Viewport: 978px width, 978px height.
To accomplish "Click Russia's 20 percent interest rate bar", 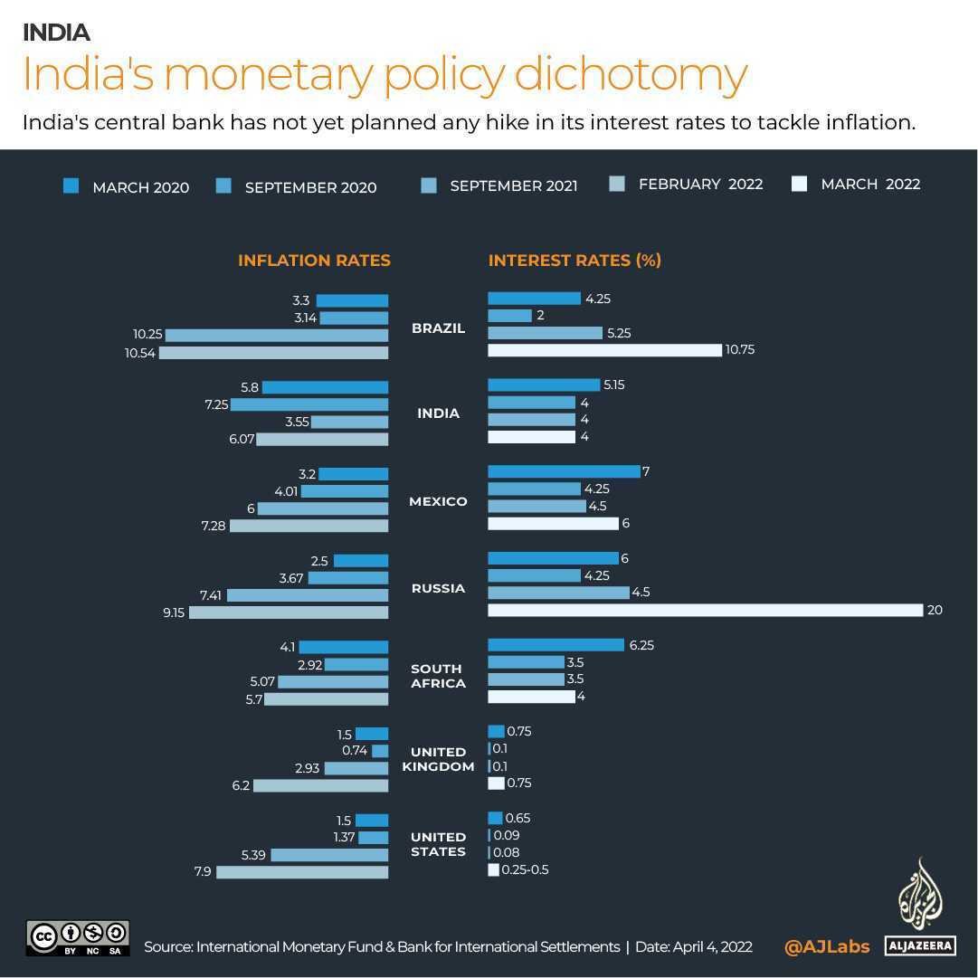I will coord(705,611).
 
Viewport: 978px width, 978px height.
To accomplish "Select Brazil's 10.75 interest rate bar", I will coord(604,350).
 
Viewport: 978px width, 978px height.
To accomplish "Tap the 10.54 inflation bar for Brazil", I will coord(273,353).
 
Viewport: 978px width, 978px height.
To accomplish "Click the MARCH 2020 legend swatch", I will coord(71,186).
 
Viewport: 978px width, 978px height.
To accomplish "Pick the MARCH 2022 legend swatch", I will coord(799,185).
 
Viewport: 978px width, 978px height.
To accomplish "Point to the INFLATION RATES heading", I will coord(314,261).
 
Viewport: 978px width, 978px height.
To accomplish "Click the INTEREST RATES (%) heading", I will coord(574,261).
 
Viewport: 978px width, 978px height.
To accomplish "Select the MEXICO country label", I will coord(438,501).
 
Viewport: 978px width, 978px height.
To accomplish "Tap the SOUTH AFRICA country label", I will coord(438,676).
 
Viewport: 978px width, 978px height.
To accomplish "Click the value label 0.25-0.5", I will coord(525,870).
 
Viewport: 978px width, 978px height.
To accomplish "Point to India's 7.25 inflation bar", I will coord(309,404).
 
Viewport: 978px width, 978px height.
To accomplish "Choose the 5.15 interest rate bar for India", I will coord(544,385).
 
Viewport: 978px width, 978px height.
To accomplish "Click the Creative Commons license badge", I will coord(78,938).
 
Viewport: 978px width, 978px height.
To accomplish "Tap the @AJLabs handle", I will coord(827,946).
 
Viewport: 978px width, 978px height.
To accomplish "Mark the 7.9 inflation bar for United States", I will coord(302,872).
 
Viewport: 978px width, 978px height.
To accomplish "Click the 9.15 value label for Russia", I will coord(174,612).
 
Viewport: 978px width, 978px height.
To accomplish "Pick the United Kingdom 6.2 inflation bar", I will coord(320,785).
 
